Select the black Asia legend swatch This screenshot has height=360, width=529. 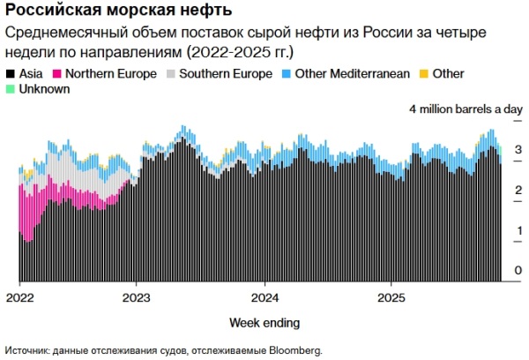pyautogui.click(x=10, y=74)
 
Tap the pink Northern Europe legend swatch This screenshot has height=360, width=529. pyautogui.click(x=58, y=74)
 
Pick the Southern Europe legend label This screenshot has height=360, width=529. pyautogui.click(x=226, y=74)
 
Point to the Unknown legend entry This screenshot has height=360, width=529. pyautogui.click(x=41, y=89)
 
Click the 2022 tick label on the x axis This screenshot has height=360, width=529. pyautogui.click(x=19, y=296)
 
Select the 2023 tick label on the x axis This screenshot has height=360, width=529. pyautogui.click(x=137, y=296)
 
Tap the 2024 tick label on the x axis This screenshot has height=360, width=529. pyautogui.click(x=265, y=296)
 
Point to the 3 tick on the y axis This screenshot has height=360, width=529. pyautogui.click(x=518, y=149)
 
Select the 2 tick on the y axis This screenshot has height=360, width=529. pyautogui.click(x=518, y=190)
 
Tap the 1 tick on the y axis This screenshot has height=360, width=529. pyautogui.click(x=518, y=230)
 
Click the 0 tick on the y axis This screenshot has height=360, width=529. pyautogui.click(x=518, y=270)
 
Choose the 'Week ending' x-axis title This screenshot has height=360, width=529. pyautogui.click(x=264, y=320)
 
